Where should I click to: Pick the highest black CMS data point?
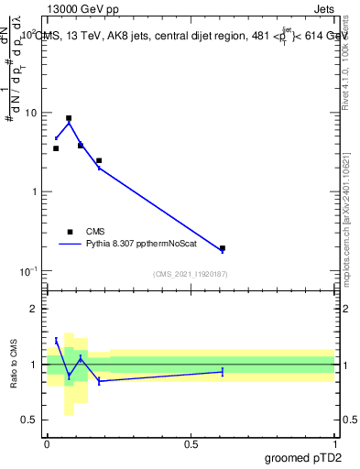click(69, 118)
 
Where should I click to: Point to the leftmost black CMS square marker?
click(56, 148)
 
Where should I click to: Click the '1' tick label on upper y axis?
click(34, 191)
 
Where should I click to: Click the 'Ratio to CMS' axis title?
click(14, 365)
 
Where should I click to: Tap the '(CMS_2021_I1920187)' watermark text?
click(190, 274)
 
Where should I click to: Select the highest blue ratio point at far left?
click(56, 340)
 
